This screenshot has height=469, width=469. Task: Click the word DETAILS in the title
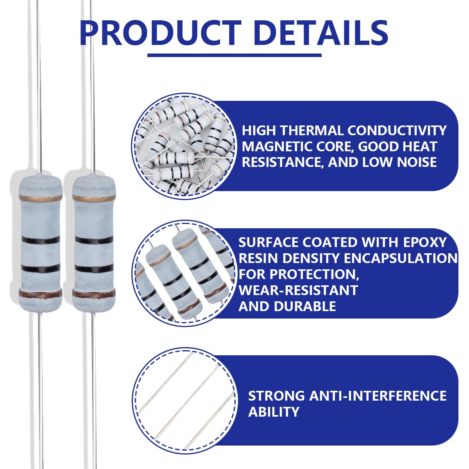[x=322, y=33]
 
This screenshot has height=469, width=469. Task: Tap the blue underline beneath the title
[x=234, y=55]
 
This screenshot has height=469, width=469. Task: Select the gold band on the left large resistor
[x=40, y=198]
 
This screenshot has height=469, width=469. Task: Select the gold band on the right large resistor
[x=94, y=198]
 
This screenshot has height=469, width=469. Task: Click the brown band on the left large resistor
[x=40, y=294]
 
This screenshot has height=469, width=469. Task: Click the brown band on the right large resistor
[x=94, y=294]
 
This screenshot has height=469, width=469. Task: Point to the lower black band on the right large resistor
[x=94, y=269]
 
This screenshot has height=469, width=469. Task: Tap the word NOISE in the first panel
[x=417, y=163]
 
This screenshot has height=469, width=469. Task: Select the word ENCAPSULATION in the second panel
[x=401, y=258]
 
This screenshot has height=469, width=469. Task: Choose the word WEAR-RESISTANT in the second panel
[x=298, y=290]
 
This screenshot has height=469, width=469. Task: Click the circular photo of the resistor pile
[x=184, y=145]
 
